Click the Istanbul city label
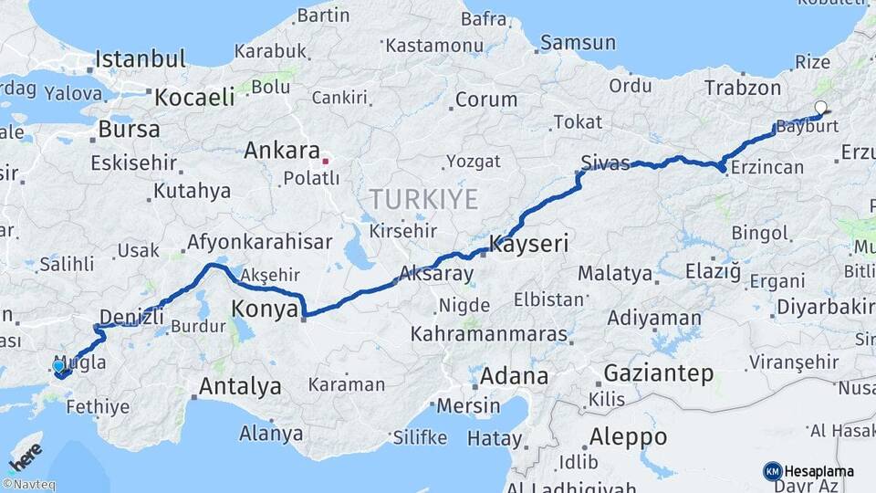(140, 59)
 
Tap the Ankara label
(281, 151)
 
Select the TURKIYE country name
(423, 198)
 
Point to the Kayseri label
(529, 244)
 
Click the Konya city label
(265, 309)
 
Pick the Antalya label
(240, 386)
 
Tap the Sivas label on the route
(605, 163)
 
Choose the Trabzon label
(742, 88)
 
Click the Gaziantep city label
(658, 373)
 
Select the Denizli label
(131, 316)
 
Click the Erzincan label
(767, 167)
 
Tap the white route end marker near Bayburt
(820, 108)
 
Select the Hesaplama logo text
(819, 471)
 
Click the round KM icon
(772, 471)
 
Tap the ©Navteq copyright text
(28, 485)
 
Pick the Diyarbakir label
(825, 306)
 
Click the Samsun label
(578, 43)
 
